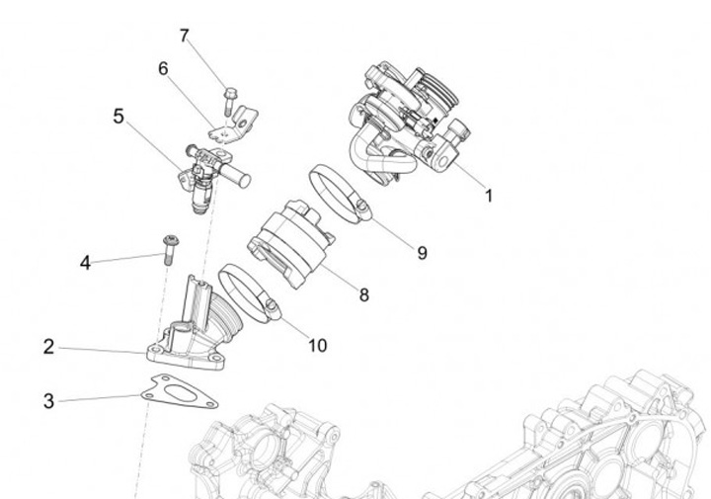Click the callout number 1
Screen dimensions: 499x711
tap(488, 195)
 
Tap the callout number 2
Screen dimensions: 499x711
tap(48, 347)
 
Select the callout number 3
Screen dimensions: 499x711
tap(48, 401)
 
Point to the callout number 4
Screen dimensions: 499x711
tap(86, 263)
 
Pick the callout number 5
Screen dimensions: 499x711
tap(118, 117)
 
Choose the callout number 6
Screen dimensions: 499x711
tap(163, 68)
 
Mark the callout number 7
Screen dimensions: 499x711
tap(184, 36)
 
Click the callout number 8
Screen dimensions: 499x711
tap(364, 294)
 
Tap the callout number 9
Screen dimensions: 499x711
tap(422, 253)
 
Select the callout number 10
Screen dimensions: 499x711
tap(317, 346)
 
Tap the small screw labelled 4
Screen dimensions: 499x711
tap(169, 247)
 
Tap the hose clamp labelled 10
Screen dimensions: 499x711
tap(247, 294)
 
